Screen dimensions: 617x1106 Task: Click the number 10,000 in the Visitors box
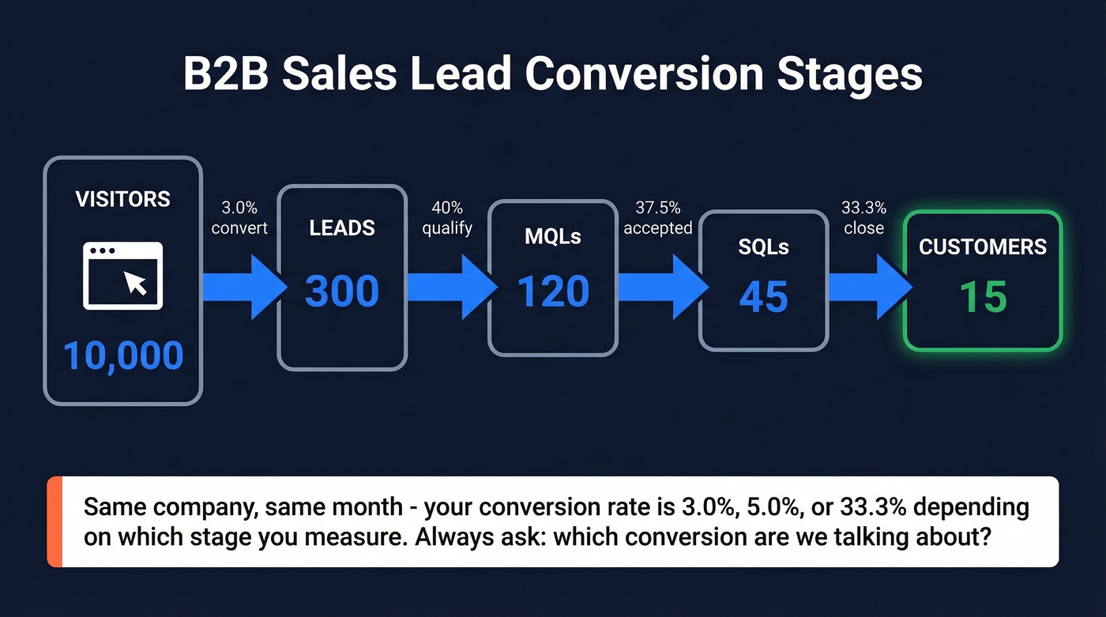pos(123,356)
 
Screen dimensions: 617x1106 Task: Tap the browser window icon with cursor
pos(123,276)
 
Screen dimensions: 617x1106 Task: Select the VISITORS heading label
pos(122,199)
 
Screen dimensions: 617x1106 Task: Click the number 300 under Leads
pos(342,292)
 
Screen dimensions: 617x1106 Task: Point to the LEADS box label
pos(342,228)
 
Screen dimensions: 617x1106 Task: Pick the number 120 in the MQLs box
pos(553,292)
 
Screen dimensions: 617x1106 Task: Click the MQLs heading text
pos(553,236)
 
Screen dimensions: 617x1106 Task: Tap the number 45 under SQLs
pos(764,297)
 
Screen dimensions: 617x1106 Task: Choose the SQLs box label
pos(764,246)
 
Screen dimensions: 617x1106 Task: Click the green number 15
pos(983,297)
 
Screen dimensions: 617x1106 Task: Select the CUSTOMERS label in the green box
pos(983,246)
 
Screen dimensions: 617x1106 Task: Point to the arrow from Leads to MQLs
pos(450,287)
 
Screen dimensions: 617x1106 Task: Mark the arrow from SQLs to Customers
pos(867,287)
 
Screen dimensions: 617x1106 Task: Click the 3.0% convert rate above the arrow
pos(240,218)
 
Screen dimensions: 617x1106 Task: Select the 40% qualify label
pos(447,218)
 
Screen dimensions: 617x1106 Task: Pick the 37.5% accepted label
pos(658,218)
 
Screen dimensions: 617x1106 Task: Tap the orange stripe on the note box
pos(54,521)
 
